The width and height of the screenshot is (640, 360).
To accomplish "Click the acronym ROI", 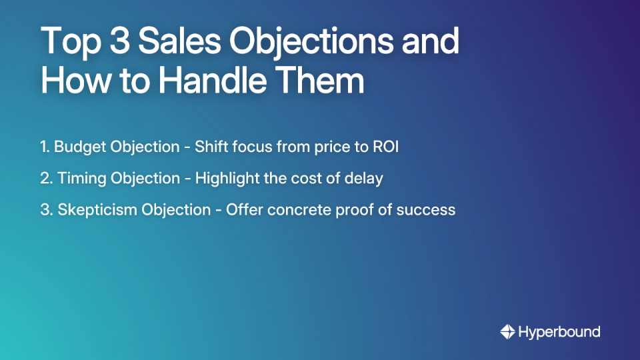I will [x=385, y=147].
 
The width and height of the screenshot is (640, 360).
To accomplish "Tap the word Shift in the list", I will [x=210, y=147].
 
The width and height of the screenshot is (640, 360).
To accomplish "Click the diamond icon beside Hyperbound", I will [x=507, y=331].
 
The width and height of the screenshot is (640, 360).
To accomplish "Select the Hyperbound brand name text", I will [x=559, y=331].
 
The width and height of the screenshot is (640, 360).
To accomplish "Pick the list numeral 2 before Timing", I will [x=44, y=179].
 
